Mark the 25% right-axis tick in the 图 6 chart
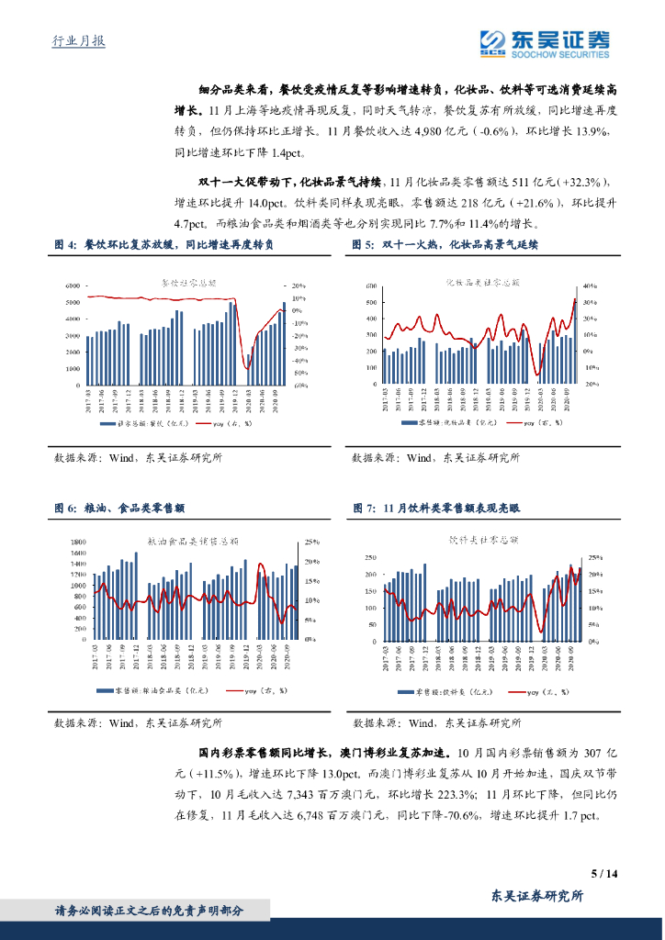point(312,542)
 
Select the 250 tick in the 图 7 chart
point(370,558)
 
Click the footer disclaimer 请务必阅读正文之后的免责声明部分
point(150,911)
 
